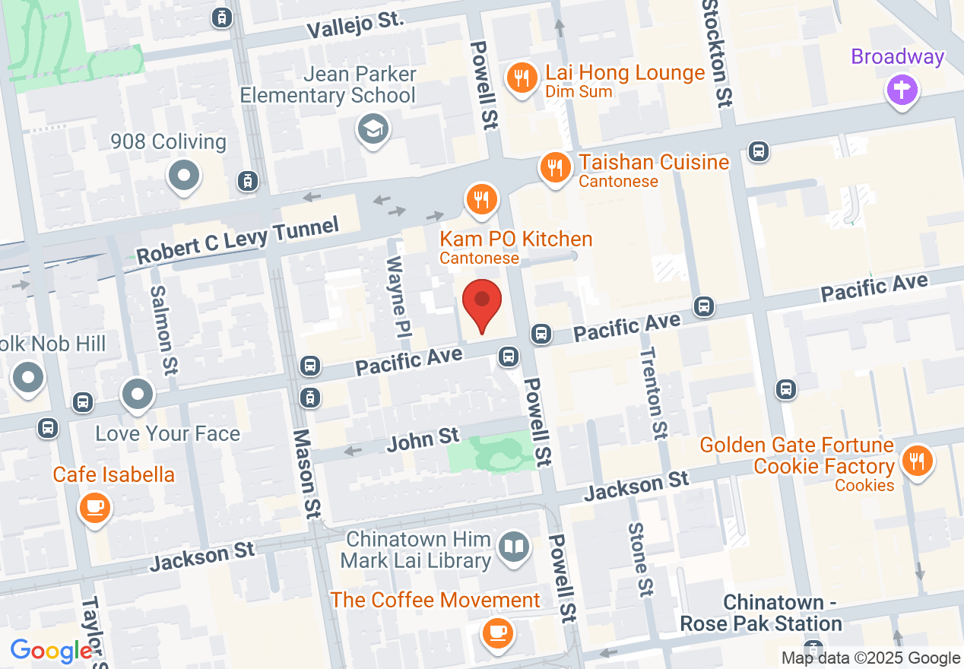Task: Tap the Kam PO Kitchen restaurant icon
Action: tap(480, 200)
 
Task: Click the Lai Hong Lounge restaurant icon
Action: tap(522, 78)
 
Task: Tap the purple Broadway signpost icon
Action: tap(902, 90)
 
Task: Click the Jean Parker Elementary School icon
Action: tap(373, 130)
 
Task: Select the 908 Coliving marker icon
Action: tap(183, 176)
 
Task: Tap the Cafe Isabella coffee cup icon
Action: tap(94, 507)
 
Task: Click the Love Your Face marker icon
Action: tap(138, 395)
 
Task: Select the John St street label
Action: tap(423, 439)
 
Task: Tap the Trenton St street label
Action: tap(652, 392)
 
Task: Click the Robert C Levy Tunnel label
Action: tap(238, 241)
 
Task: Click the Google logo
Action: tap(51, 652)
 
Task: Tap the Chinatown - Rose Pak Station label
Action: tap(760, 614)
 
